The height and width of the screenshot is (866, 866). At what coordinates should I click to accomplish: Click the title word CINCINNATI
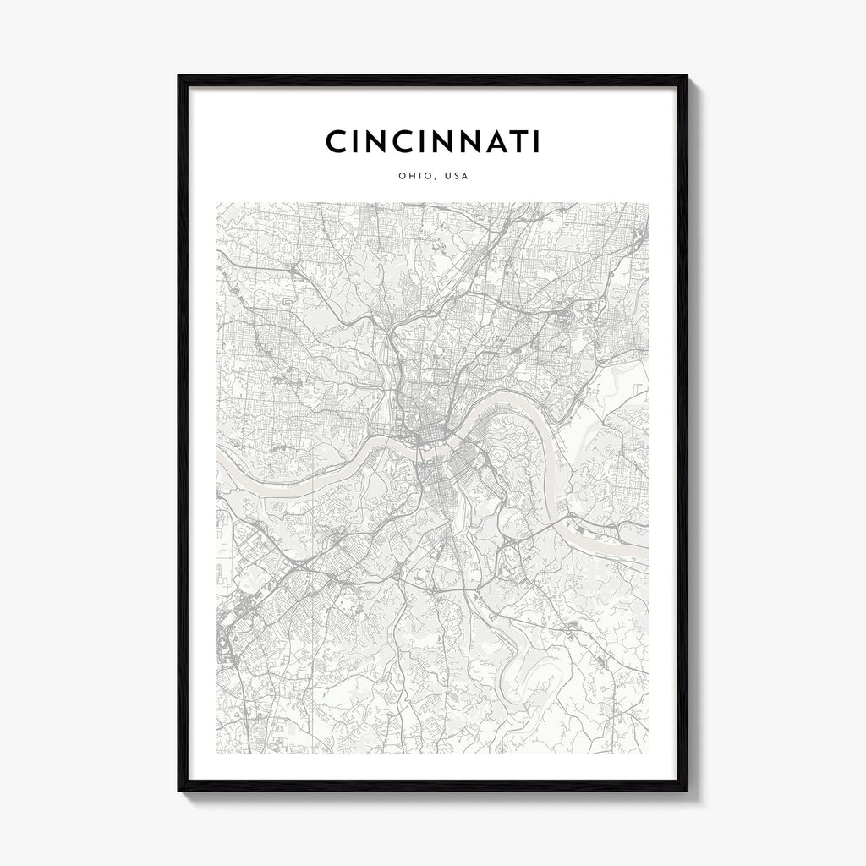click(x=432, y=142)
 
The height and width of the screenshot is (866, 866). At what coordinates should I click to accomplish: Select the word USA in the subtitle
click(x=457, y=177)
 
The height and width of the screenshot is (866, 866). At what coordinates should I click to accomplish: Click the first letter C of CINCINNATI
click(x=336, y=142)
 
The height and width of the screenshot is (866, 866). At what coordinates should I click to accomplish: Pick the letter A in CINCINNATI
click(x=488, y=142)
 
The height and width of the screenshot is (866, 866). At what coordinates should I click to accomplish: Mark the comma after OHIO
click(x=437, y=179)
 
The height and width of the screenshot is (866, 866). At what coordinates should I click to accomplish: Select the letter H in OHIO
click(x=412, y=177)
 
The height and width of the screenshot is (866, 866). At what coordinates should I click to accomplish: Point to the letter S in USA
click(x=457, y=177)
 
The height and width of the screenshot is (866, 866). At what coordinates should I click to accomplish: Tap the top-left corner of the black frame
click(x=178, y=76)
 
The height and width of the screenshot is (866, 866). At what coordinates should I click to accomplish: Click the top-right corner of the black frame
click(x=687, y=76)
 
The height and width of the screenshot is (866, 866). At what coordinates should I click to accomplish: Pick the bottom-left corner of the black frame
click(x=178, y=791)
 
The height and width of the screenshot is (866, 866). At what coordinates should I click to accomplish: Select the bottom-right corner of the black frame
click(x=687, y=791)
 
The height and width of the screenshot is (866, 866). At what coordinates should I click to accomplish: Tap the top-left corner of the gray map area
click(x=217, y=202)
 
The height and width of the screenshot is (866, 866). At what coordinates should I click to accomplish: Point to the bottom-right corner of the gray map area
click(x=649, y=753)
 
